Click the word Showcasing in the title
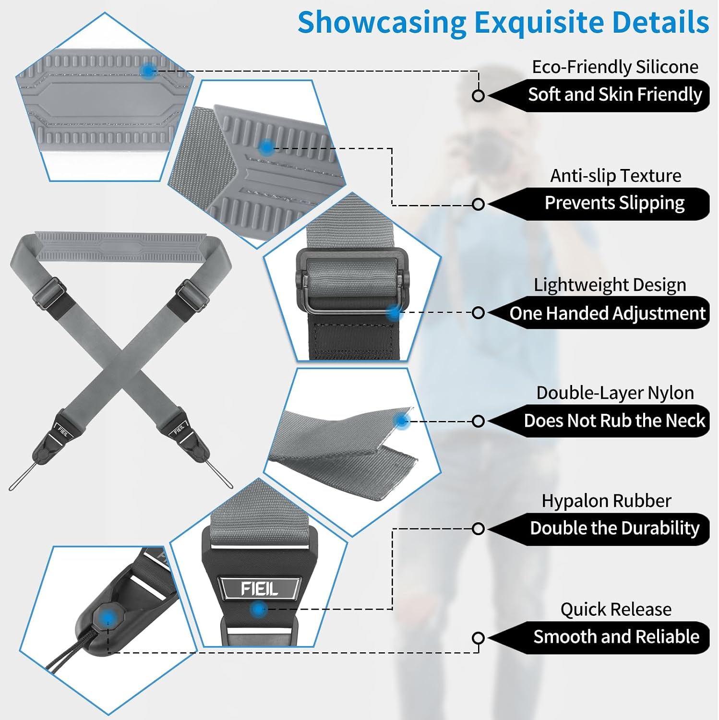(x=382, y=23)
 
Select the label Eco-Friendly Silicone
(x=615, y=67)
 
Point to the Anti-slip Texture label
(x=615, y=176)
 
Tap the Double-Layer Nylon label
(x=615, y=393)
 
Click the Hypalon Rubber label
(x=606, y=501)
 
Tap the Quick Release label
(x=616, y=609)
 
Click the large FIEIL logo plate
(x=259, y=588)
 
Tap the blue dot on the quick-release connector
(x=108, y=617)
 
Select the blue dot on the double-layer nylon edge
(x=401, y=421)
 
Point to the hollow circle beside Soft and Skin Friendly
(x=478, y=96)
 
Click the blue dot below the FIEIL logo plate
(x=259, y=610)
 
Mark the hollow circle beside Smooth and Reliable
(x=478, y=638)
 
